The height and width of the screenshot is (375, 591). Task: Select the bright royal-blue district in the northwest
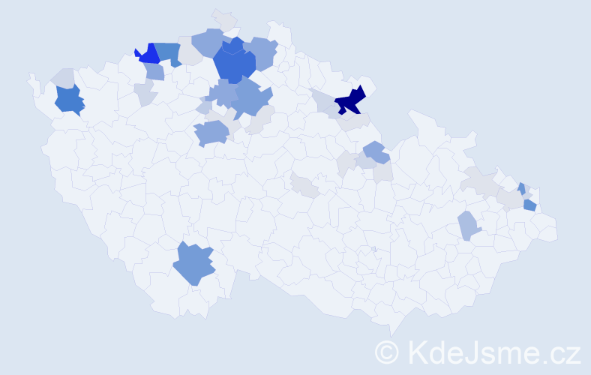click(148, 54)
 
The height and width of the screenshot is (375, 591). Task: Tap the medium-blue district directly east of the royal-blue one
click(169, 52)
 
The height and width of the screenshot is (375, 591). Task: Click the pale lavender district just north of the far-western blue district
click(63, 77)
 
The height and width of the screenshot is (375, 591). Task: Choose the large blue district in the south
click(193, 264)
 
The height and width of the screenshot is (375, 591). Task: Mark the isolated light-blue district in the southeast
click(468, 225)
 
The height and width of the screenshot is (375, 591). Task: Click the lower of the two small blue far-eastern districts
click(529, 205)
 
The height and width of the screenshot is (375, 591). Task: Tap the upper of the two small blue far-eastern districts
click(521, 187)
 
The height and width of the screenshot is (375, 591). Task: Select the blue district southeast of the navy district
click(374, 152)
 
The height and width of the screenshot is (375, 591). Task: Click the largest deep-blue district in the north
click(234, 64)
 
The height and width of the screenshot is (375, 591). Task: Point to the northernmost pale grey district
click(223, 19)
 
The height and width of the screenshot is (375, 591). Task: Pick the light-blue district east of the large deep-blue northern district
click(262, 52)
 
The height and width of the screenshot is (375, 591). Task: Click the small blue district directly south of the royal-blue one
click(154, 71)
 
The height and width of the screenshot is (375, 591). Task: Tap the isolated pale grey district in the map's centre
click(305, 184)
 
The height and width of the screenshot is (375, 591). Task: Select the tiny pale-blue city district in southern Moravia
click(373, 250)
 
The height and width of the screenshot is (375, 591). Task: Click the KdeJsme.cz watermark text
click(494, 352)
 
